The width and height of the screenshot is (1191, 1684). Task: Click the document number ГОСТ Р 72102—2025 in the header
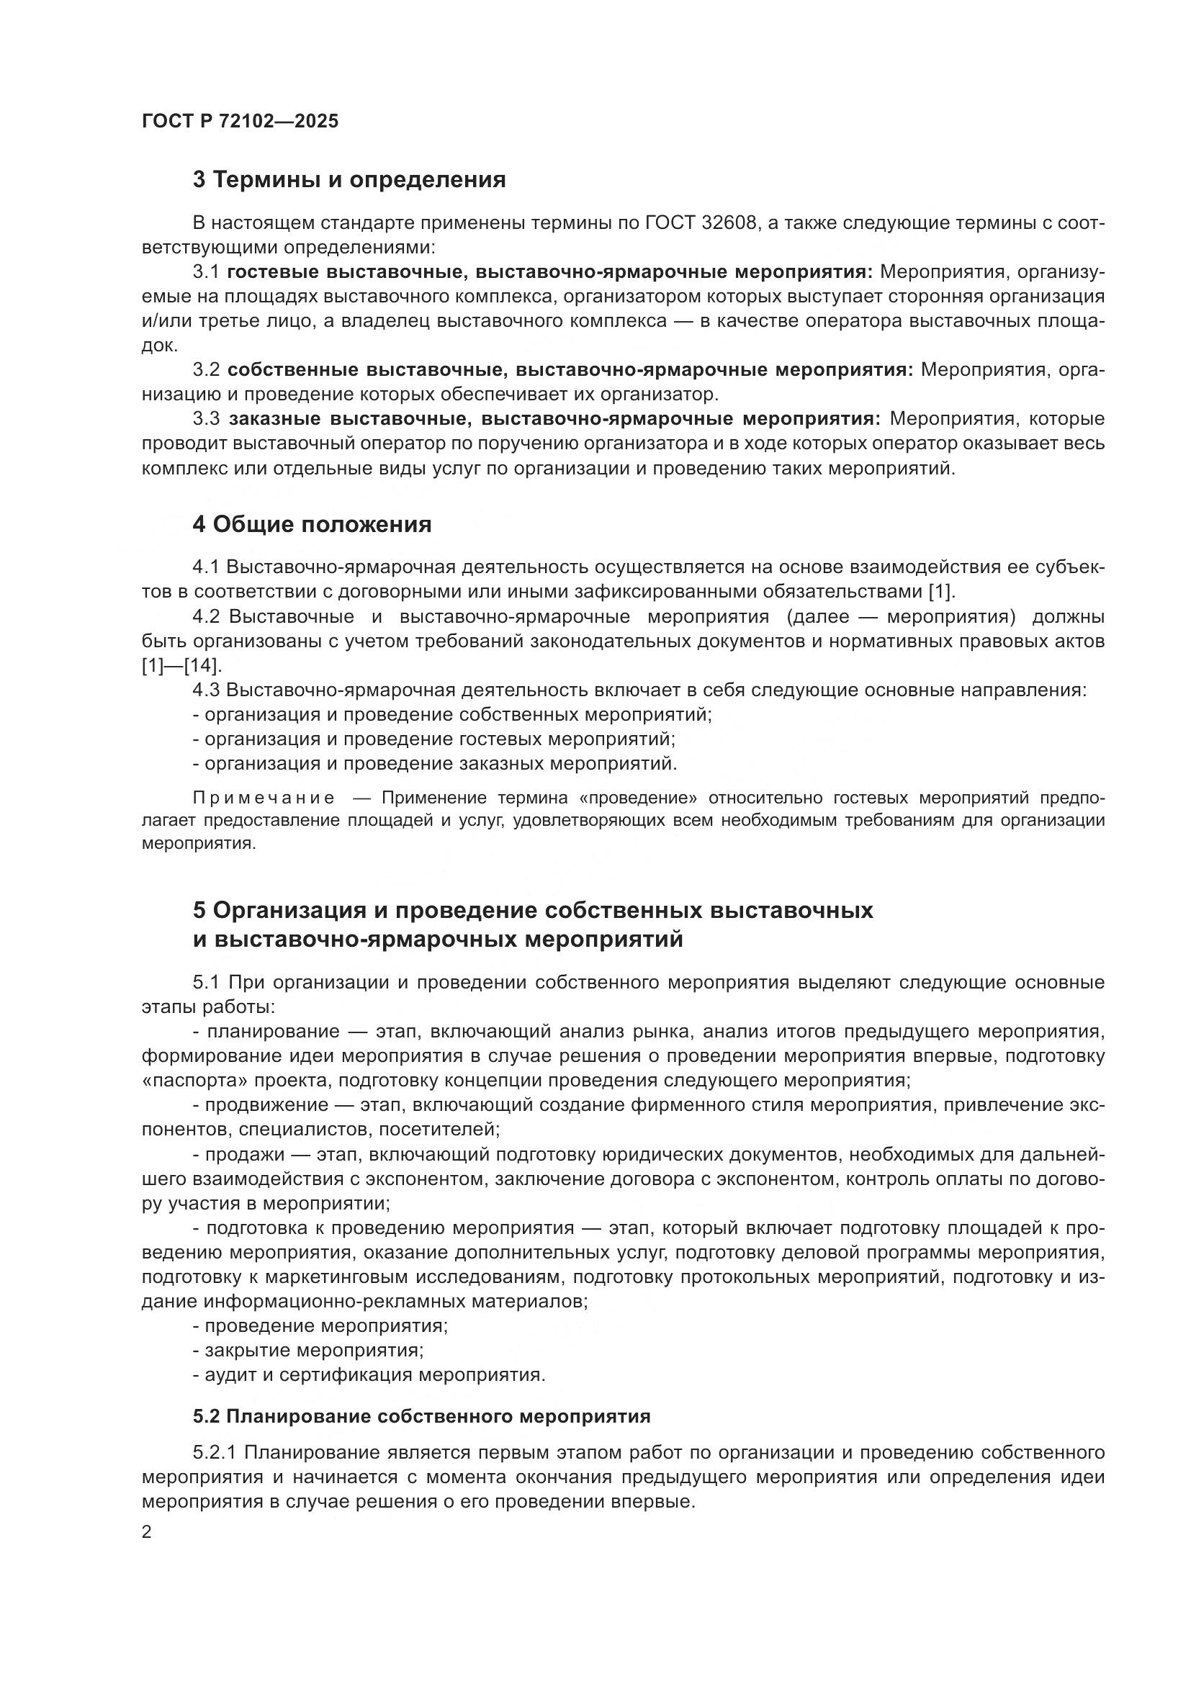pos(240,122)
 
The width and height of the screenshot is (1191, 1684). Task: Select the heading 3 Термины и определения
pos(349,180)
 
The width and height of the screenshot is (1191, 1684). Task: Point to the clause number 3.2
pos(206,369)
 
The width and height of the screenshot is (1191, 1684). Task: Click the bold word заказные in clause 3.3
pos(275,419)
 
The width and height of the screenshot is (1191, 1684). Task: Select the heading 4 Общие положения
pos(312,524)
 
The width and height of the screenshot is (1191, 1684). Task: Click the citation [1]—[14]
pos(181,666)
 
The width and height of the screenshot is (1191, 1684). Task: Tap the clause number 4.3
pos(206,690)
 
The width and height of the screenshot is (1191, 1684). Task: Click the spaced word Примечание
pos(264,798)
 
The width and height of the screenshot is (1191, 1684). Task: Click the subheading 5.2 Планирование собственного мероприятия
pos(422,1416)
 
